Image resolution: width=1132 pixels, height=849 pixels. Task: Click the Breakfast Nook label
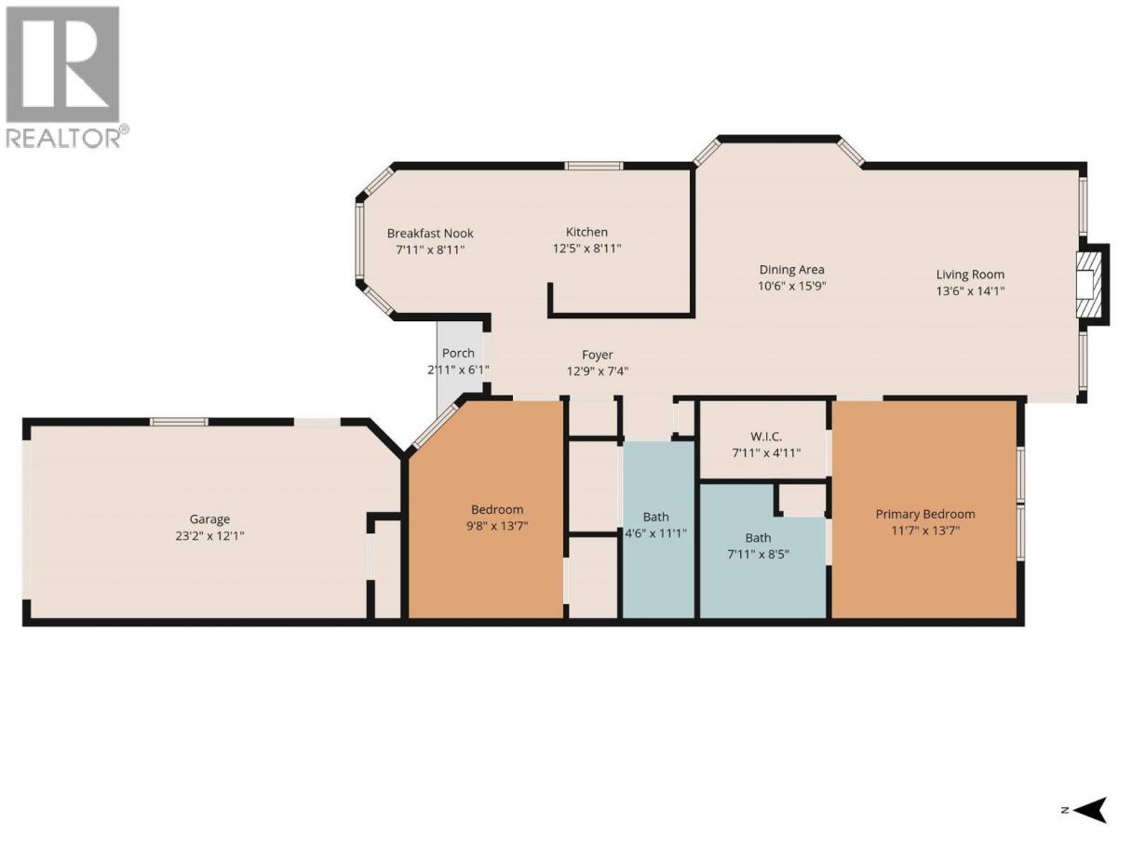click(x=430, y=234)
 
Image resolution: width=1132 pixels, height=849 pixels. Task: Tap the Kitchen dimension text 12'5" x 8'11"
click(x=586, y=249)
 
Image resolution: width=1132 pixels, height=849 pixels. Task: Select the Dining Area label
click(x=791, y=270)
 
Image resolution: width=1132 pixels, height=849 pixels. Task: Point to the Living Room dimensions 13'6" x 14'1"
click(x=970, y=290)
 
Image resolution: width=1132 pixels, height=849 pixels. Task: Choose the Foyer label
click(x=598, y=355)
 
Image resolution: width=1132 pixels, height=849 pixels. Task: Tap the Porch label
click(x=458, y=353)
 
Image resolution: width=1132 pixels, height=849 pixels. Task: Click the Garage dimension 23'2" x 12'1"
click(x=209, y=535)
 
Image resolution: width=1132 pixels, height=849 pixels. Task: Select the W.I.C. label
click(x=766, y=437)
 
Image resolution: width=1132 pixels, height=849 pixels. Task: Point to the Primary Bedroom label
click(x=925, y=515)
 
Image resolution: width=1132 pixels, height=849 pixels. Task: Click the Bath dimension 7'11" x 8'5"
click(x=758, y=554)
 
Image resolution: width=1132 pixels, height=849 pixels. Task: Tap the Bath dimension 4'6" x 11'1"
click(x=656, y=533)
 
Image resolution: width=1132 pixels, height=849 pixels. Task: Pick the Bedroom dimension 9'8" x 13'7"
click(x=497, y=526)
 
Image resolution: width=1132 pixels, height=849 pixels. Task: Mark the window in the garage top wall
click(x=180, y=422)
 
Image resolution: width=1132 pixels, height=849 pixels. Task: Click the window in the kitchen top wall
click(x=593, y=166)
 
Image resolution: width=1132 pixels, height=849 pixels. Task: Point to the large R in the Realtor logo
click(x=62, y=64)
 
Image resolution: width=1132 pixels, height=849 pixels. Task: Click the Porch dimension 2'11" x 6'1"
click(x=458, y=370)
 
